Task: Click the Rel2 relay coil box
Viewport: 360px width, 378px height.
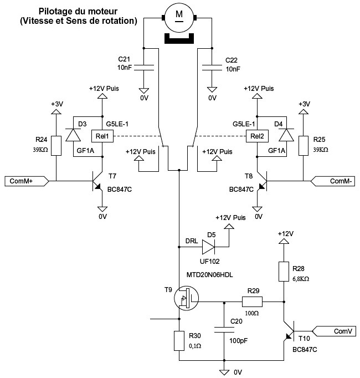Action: tap(256, 136)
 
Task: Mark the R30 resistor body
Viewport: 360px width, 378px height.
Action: tap(178, 341)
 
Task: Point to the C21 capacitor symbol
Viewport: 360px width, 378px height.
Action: tap(143, 67)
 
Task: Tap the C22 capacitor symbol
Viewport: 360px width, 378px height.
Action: tap(211, 67)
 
